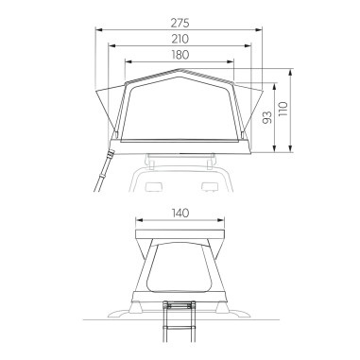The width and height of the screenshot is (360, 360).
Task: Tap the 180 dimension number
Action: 180,55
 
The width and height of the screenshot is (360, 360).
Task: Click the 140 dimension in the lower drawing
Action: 180,214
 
